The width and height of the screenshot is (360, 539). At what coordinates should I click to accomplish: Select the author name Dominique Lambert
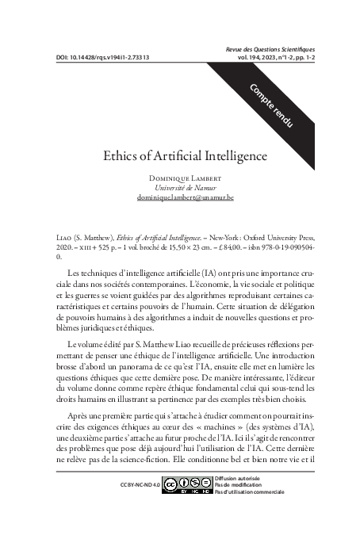click(180, 178)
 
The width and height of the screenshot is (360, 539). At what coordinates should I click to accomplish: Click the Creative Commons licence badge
click(187, 483)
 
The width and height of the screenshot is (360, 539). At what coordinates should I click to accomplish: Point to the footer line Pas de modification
click(240, 483)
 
